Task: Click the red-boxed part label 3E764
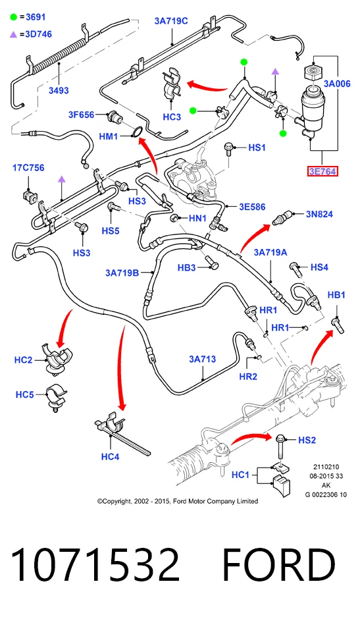322,172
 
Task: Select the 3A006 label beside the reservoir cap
337,84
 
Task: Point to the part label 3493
59,90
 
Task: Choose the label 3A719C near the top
171,21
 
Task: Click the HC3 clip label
172,117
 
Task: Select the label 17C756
28,168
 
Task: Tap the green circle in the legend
14,17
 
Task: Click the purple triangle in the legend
14,35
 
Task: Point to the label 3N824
319,214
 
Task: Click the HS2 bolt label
307,440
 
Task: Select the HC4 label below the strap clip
110,456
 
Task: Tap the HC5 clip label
25,394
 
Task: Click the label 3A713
202,359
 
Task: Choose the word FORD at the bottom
279,565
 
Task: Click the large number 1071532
95,565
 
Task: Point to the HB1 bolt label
336,295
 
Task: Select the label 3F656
82,115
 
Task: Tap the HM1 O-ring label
109,136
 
